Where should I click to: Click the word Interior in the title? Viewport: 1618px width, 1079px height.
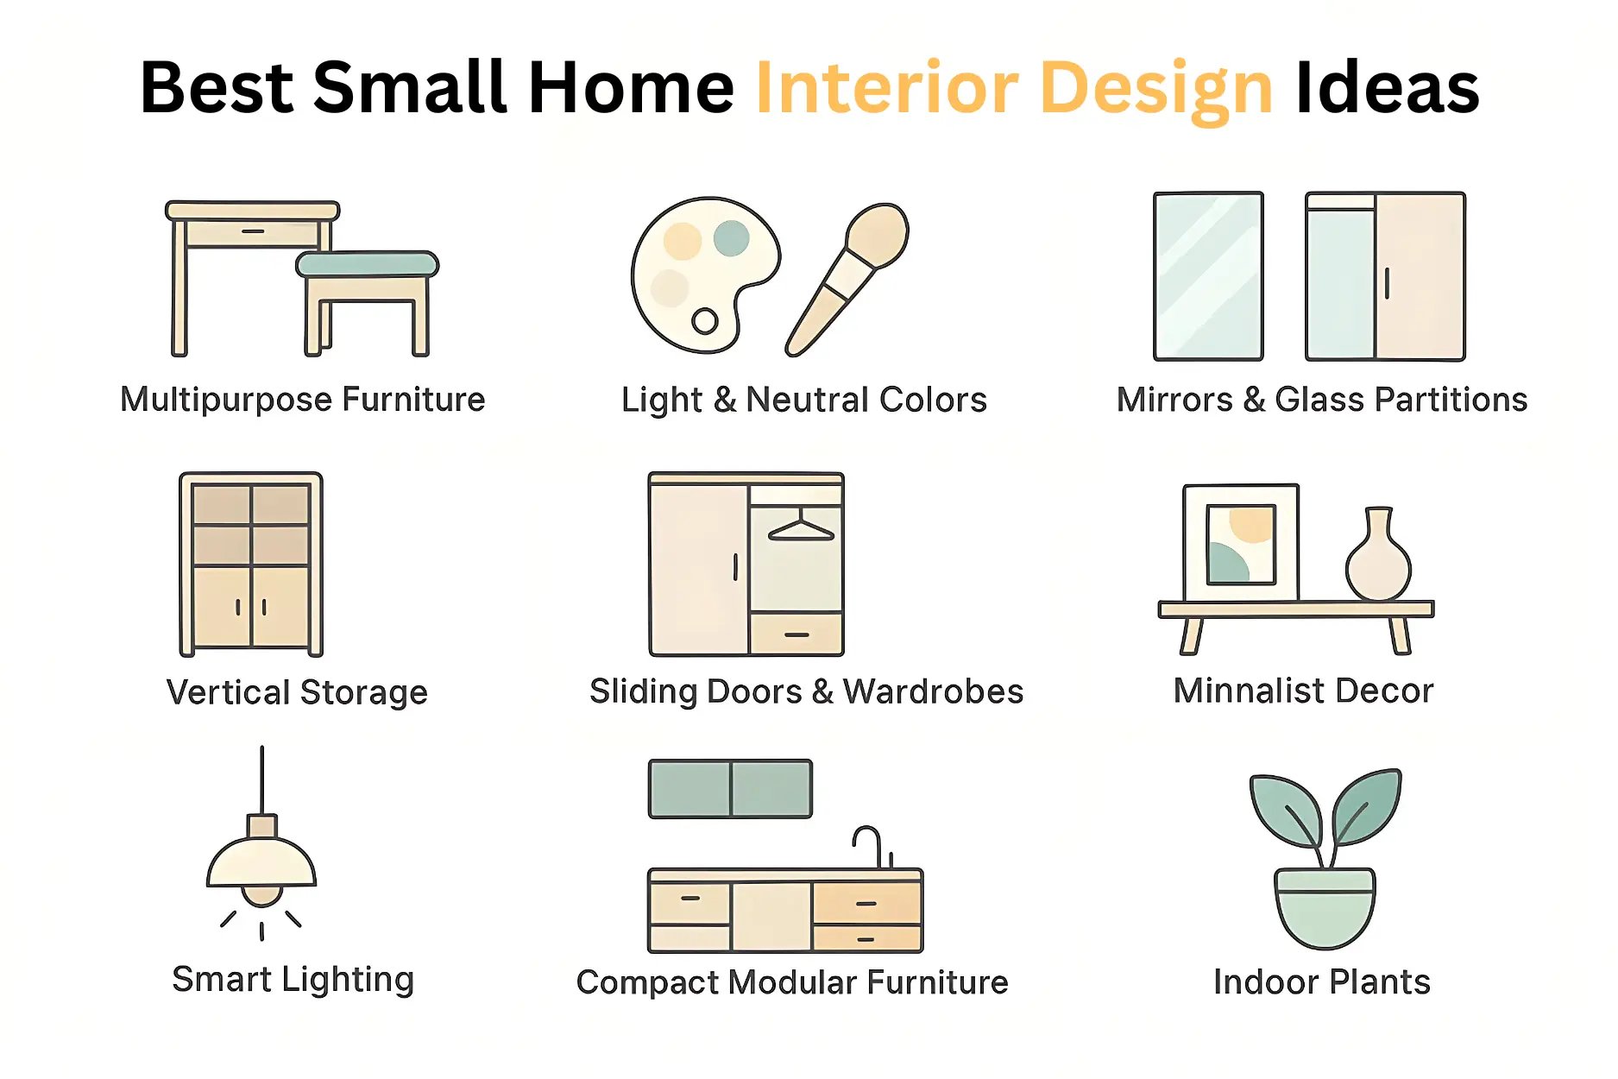[887, 88]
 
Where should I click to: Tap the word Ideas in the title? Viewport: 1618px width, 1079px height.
[1387, 88]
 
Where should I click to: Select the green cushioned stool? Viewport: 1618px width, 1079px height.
[367, 265]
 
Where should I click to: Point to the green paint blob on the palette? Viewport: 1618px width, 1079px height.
[732, 237]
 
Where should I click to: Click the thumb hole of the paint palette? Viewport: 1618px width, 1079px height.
[705, 321]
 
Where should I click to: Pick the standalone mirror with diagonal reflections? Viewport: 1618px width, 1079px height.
[1208, 276]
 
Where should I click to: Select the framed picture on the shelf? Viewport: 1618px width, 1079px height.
[1241, 544]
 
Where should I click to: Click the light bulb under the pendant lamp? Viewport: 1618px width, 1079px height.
[261, 895]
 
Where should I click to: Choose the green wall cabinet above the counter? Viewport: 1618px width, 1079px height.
[730, 788]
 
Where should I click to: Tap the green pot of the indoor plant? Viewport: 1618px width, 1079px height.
[1325, 908]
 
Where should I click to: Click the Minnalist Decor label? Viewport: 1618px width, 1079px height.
[1303, 691]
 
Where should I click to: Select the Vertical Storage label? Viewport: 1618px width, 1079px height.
[297, 692]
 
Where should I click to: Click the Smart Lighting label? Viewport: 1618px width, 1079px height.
[293, 980]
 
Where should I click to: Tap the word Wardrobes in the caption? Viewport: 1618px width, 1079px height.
[933, 691]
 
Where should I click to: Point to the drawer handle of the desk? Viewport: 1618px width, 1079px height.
[253, 231]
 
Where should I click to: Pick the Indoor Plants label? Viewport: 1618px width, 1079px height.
[1321, 981]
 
